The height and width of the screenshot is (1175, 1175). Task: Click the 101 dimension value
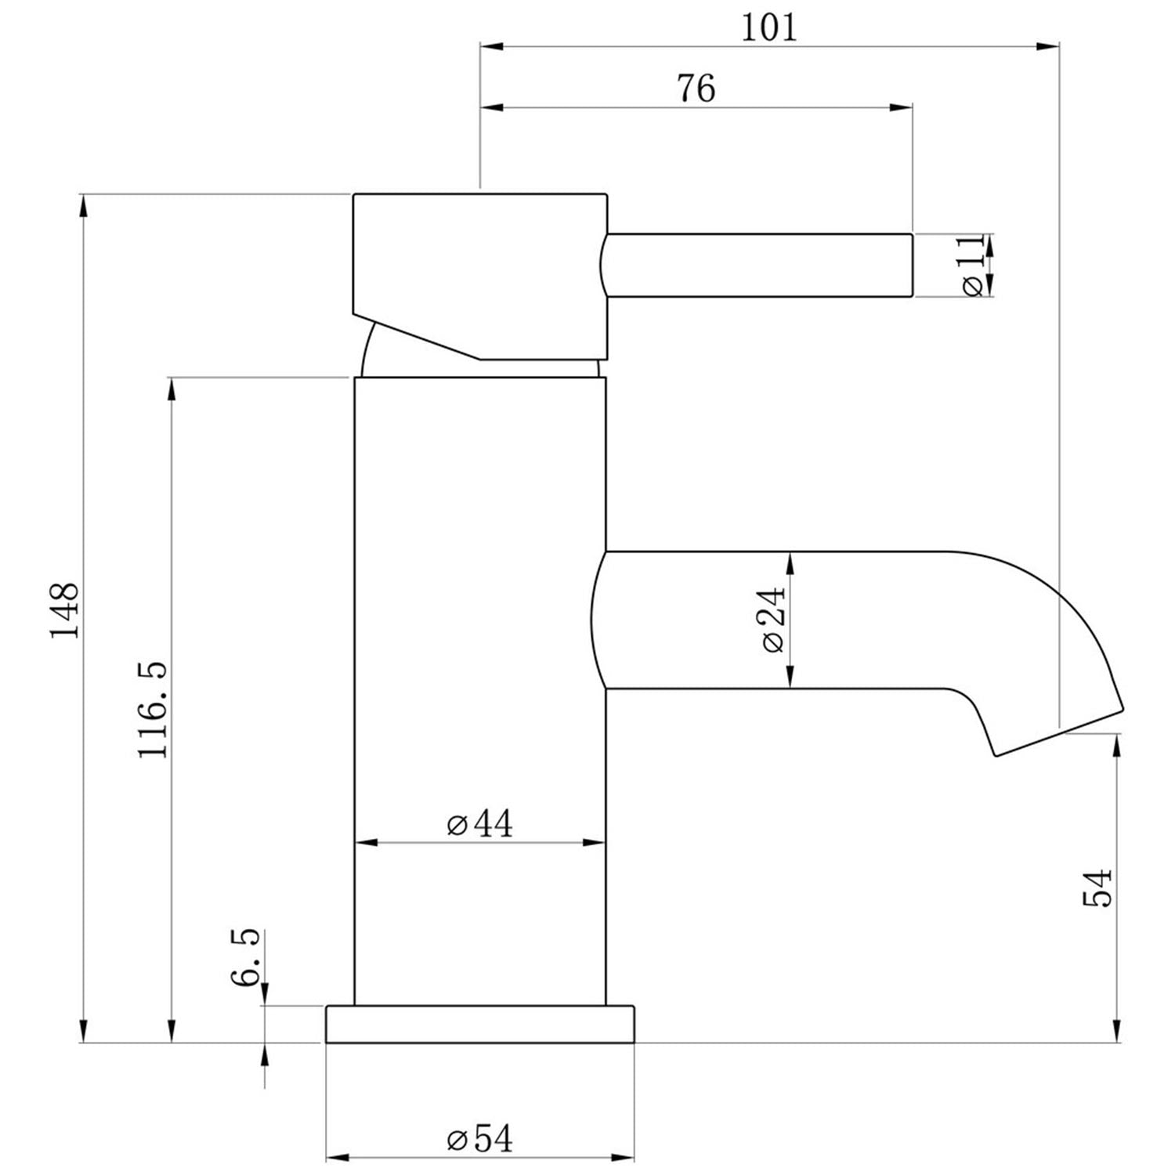768,27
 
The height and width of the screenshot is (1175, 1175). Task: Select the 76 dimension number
696,89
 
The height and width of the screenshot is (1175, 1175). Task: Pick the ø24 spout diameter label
772,620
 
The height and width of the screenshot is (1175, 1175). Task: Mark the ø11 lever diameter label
972,266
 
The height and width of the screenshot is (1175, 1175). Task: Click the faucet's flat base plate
479,1025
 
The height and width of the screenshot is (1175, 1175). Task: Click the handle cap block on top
479,266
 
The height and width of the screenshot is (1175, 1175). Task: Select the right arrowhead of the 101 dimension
1050,47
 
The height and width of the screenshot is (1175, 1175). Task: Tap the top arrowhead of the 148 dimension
83,205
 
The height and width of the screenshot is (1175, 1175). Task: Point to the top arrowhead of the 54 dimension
1116,745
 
